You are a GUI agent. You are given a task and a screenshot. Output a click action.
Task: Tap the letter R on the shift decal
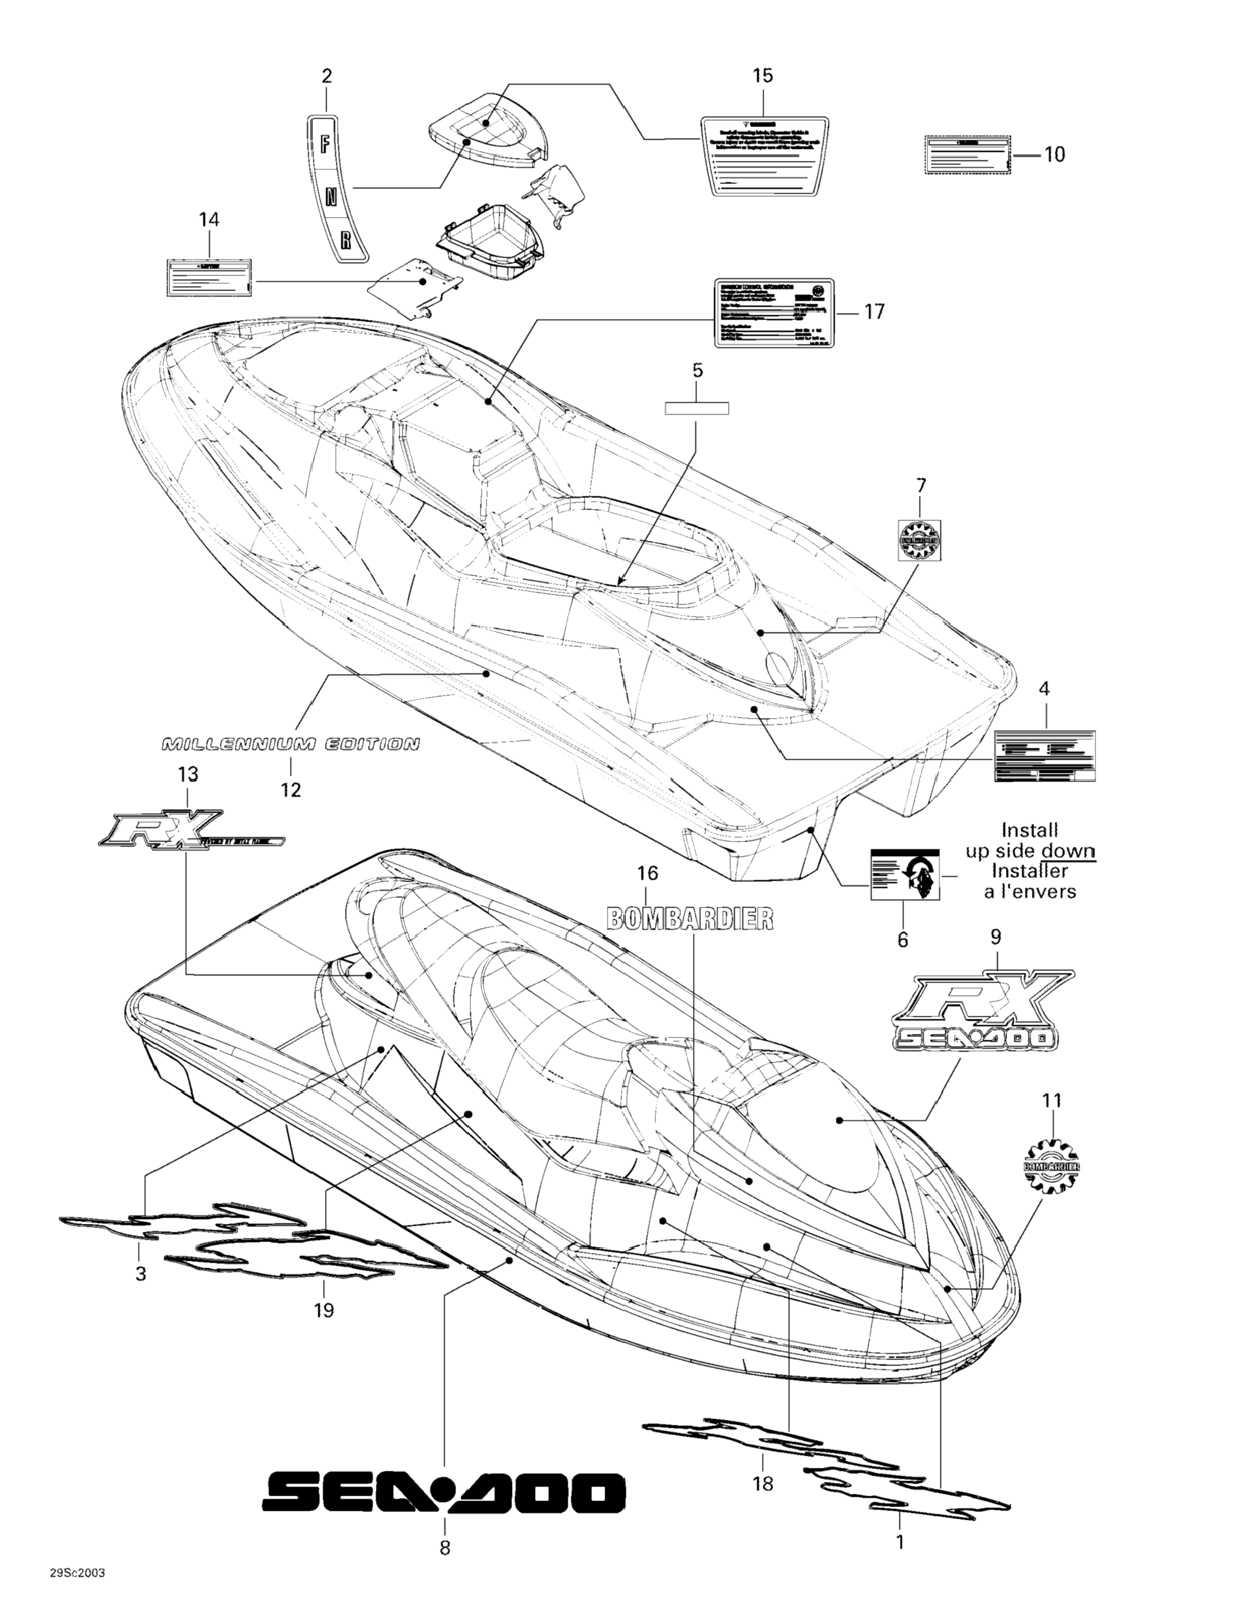point(345,240)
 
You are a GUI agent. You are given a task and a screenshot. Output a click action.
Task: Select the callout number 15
point(763,75)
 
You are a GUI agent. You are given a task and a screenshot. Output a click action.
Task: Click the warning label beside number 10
point(966,155)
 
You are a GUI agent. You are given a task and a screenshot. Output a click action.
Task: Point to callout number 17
point(874,312)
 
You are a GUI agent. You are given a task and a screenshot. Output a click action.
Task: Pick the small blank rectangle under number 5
point(697,408)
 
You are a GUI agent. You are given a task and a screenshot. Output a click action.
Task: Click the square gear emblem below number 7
point(919,540)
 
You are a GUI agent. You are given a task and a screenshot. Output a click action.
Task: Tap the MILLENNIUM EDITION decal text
point(290,744)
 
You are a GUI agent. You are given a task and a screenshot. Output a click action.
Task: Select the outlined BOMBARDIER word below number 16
point(690,918)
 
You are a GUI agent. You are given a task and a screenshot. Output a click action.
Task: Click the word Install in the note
point(1029,830)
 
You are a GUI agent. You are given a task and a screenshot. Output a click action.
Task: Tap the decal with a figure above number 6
point(905,874)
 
